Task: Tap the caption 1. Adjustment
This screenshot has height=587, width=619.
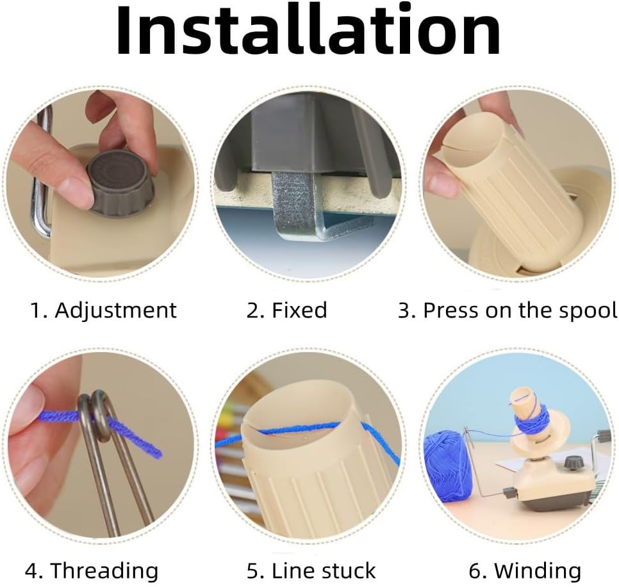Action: tap(103, 310)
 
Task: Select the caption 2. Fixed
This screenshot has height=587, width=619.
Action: tap(287, 310)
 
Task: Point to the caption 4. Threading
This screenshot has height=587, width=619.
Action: tap(92, 570)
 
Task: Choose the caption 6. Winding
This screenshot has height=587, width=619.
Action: tap(525, 570)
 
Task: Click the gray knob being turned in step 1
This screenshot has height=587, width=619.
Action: tap(119, 184)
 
